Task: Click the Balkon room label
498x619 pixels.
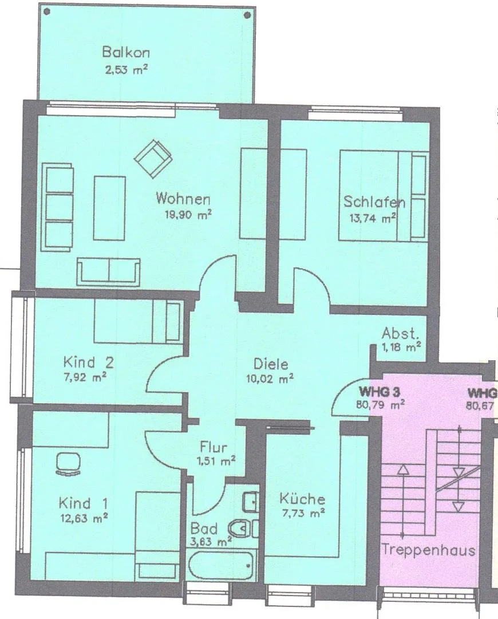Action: (126, 52)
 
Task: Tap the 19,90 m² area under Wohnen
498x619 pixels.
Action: (188, 215)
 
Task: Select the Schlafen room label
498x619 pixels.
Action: (374, 202)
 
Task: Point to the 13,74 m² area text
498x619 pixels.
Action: (373, 218)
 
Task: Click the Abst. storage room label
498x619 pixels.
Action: (400, 334)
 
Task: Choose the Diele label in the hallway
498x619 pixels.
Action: (271, 364)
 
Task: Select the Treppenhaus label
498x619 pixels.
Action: (429, 550)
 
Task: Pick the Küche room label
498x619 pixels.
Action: (302, 499)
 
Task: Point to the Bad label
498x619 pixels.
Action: (204, 528)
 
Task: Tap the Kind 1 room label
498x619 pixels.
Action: (83, 503)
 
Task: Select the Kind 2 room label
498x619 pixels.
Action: (88, 362)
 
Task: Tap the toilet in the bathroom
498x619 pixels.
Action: (243, 528)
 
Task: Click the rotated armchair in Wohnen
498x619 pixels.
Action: (153, 159)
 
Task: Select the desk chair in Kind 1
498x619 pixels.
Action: (69, 463)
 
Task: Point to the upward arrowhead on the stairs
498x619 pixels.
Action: (402, 469)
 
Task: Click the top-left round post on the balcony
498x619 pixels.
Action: (48, 12)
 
